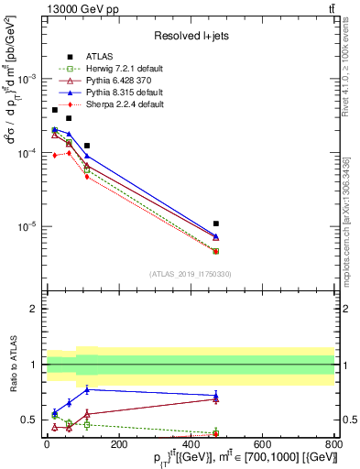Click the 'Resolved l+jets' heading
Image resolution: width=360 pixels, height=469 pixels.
[x=191, y=36]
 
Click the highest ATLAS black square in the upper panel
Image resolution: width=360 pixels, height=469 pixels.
[x=55, y=110]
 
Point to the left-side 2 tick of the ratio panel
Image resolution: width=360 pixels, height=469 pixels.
[x=34, y=309]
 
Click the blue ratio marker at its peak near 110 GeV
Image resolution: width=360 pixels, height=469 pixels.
[x=87, y=389]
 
